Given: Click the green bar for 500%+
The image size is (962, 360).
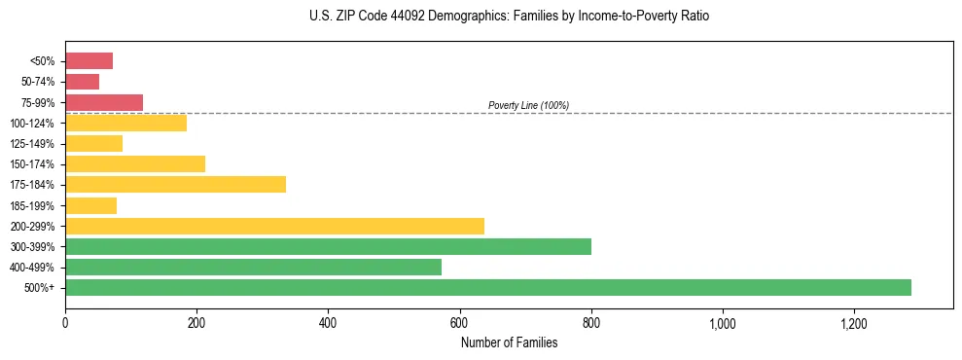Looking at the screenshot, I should click(x=488, y=287).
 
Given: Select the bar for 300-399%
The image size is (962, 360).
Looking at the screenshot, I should click(x=328, y=246).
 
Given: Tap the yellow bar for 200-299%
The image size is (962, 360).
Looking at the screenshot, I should click(x=274, y=226).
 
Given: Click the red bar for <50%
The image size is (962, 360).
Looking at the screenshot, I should click(x=89, y=61).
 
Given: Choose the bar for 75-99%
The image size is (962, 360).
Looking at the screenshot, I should click(x=104, y=102).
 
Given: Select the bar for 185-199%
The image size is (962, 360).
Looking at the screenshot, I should click(x=90, y=205).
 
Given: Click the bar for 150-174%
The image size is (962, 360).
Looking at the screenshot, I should click(x=135, y=164).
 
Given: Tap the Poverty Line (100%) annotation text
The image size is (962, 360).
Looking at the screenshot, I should click(x=528, y=105).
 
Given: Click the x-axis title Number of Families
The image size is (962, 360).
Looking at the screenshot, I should click(x=509, y=342).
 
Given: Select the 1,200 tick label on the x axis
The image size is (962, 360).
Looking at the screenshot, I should click(x=854, y=323).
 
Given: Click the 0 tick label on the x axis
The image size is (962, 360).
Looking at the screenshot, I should click(x=65, y=323).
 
